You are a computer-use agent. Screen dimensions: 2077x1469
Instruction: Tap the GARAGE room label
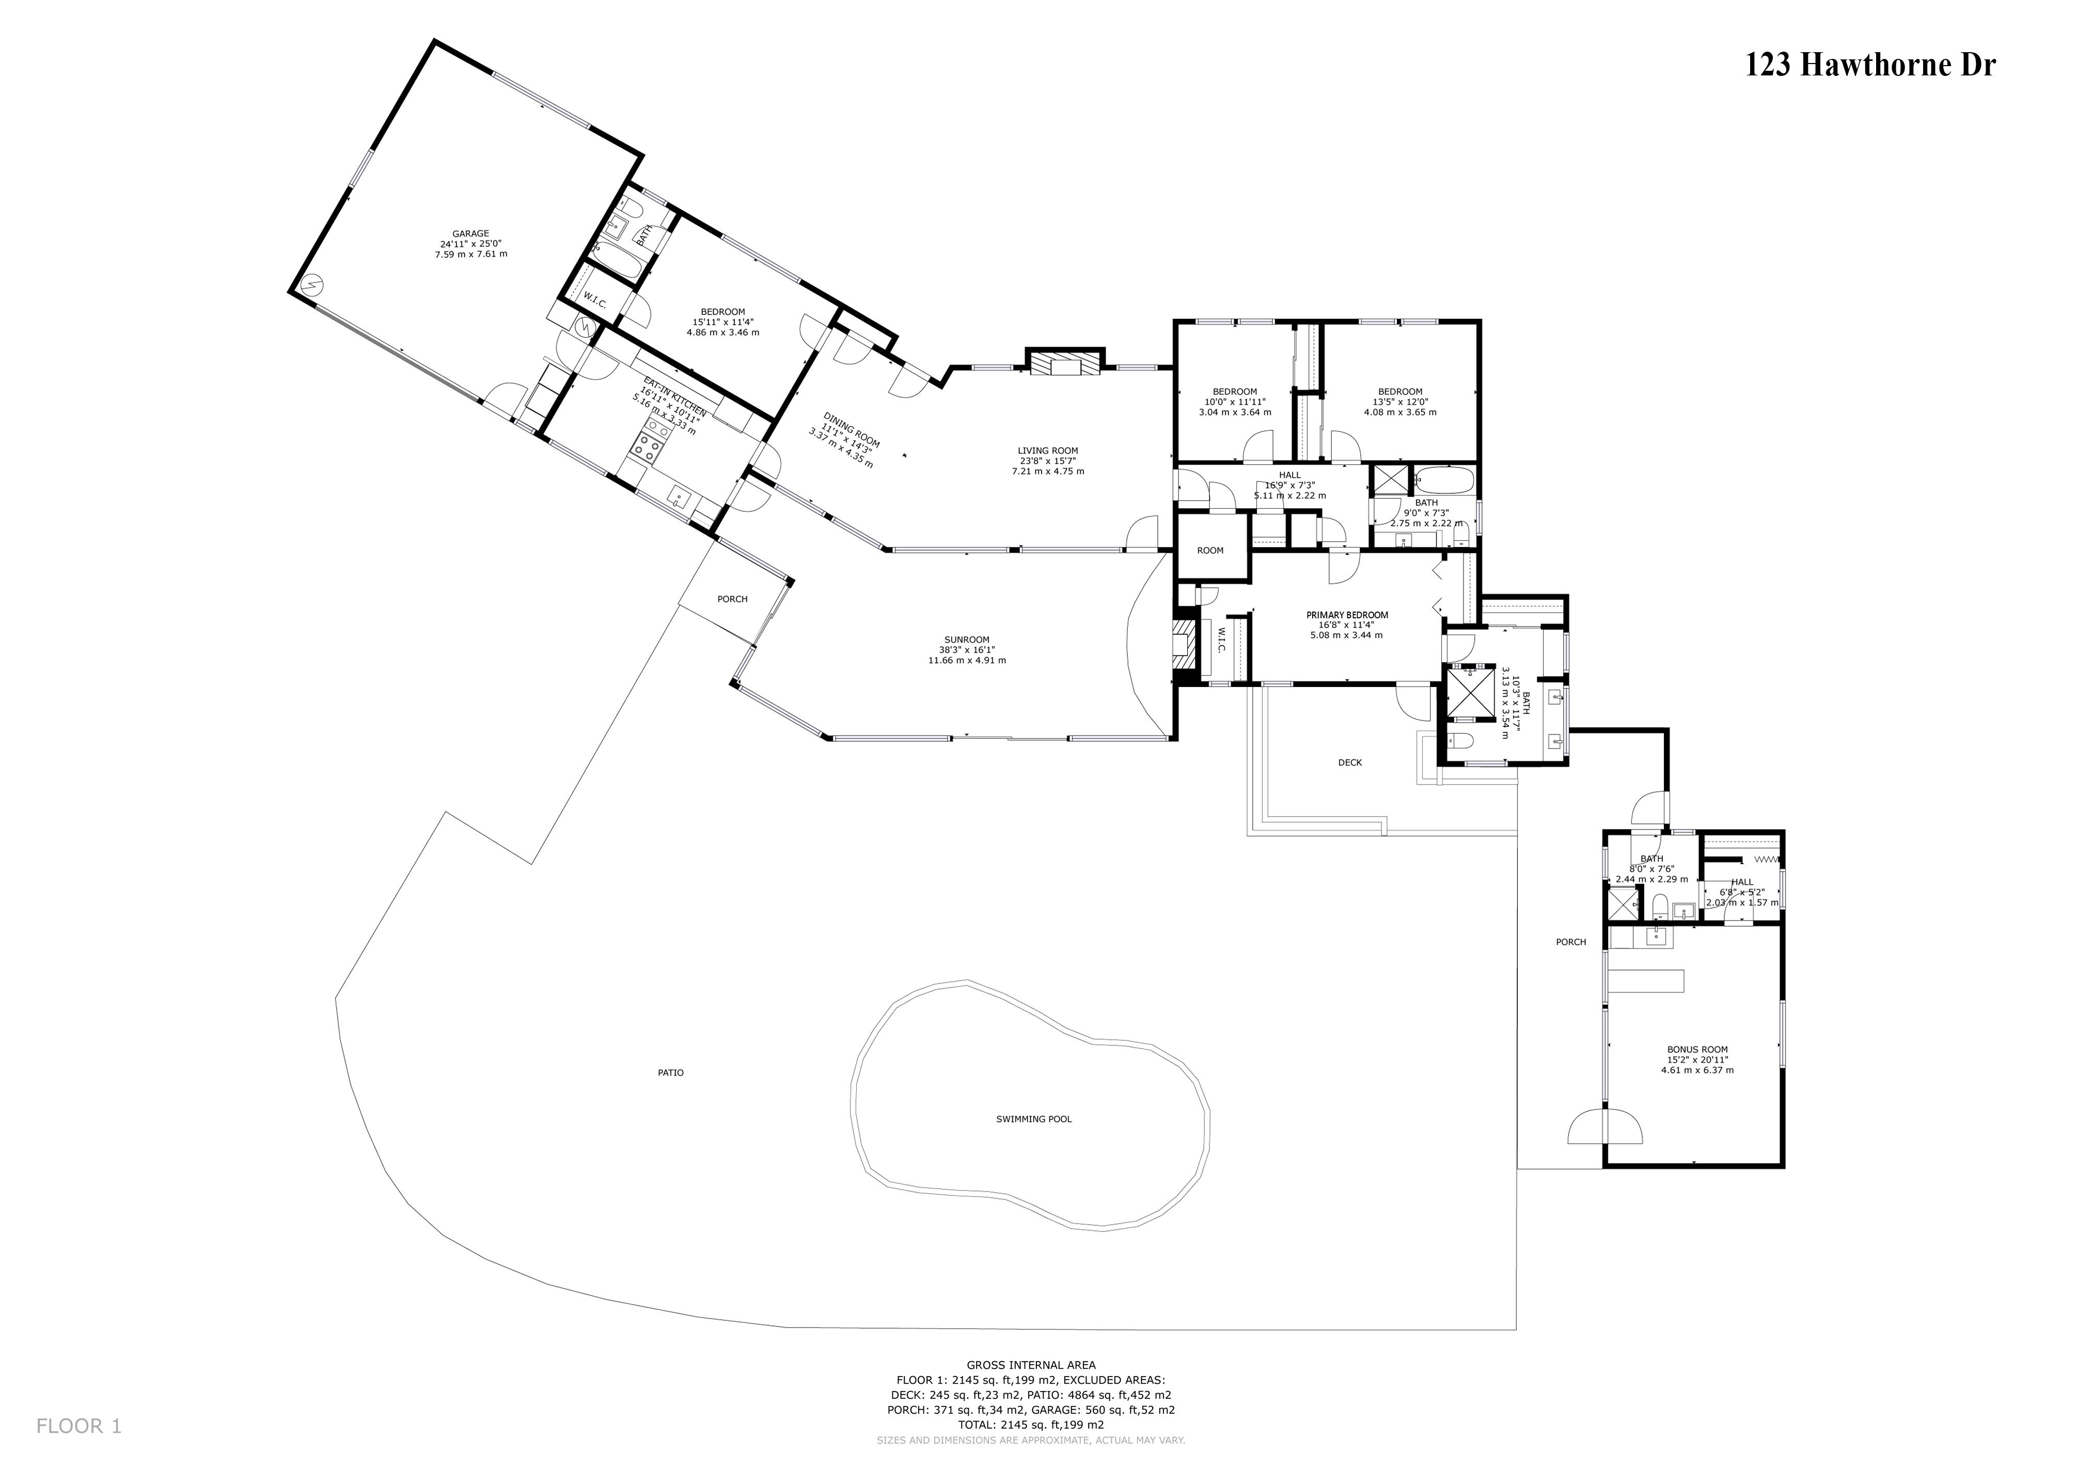(x=470, y=233)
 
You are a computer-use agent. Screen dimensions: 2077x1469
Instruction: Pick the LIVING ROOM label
(x=1048, y=450)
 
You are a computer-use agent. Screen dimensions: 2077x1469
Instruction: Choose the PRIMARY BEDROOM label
(x=1347, y=615)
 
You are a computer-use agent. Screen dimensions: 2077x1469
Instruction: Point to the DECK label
(x=1350, y=762)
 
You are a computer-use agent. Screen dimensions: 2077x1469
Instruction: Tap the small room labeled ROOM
(x=1210, y=551)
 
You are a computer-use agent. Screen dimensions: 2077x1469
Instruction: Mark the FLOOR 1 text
(x=78, y=1427)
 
